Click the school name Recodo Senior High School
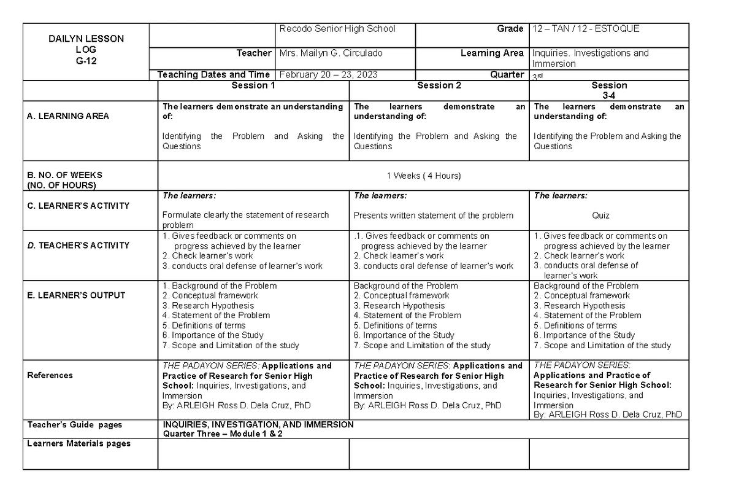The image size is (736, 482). click(x=337, y=29)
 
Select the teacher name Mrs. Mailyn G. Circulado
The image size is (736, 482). click(x=331, y=53)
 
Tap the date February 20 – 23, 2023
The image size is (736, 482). click(x=328, y=75)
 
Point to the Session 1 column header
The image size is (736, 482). click(x=253, y=85)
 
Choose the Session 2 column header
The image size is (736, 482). click(x=439, y=85)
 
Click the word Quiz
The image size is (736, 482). click(x=600, y=216)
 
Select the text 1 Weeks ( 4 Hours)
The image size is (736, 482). click(x=423, y=176)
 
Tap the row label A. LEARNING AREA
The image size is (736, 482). click(x=68, y=116)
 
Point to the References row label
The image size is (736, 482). click(x=50, y=375)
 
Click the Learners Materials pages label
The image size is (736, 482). click(x=79, y=443)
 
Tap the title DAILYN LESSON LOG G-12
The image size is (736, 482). click(x=86, y=50)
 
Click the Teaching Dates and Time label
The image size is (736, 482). click(x=213, y=75)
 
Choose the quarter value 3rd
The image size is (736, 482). click(x=538, y=76)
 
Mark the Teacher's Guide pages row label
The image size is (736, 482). click(x=74, y=424)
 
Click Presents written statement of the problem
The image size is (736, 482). click(x=434, y=216)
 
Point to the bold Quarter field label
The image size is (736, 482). click(x=507, y=75)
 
